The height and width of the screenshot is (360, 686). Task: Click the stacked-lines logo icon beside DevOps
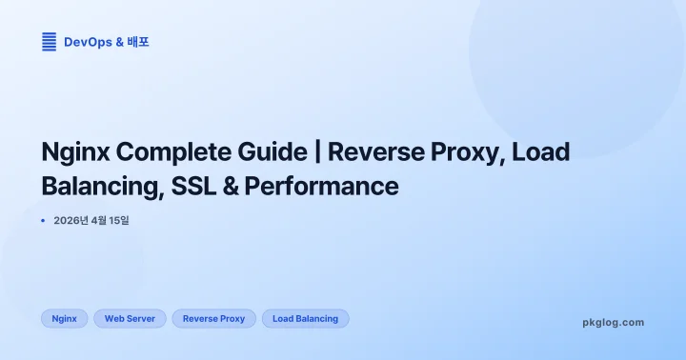(49, 42)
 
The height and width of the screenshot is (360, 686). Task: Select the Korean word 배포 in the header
(138, 42)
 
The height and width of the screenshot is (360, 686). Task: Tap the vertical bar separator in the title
(318, 152)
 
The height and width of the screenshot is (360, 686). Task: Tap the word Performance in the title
(321, 186)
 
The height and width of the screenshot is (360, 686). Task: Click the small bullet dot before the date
(44, 221)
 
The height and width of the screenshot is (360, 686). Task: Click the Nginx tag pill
(65, 319)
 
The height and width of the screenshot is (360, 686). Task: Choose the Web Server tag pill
(130, 319)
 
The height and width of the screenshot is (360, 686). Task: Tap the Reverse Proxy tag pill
(213, 319)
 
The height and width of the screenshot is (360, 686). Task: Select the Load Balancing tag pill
(305, 319)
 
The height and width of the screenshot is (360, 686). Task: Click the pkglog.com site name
(613, 322)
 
